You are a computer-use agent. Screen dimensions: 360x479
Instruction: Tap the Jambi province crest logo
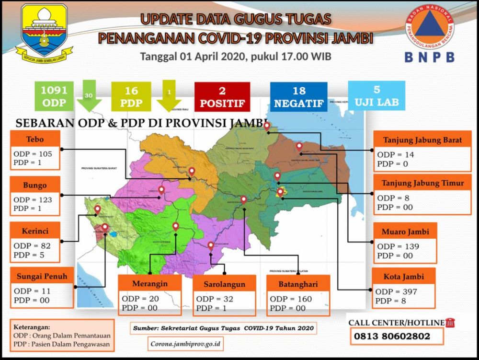(x=44, y=33)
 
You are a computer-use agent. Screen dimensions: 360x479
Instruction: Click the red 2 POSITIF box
(x=222, y=96)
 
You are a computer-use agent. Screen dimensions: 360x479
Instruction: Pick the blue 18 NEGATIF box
(x=299, y=96)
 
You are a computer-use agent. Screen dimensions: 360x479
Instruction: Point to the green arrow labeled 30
(x=90, y=96)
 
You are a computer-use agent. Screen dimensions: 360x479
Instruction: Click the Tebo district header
(x=36, y=139)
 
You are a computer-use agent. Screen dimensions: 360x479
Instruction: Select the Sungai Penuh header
(x=39, y=276)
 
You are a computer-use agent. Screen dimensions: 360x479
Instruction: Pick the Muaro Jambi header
(x=405, y=232)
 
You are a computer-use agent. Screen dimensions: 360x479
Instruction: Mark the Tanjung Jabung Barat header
(x=422, y=140)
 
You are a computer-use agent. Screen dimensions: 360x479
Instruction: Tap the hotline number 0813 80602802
(x=392, y=337)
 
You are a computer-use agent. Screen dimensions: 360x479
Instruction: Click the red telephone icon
(x=450, y=323)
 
